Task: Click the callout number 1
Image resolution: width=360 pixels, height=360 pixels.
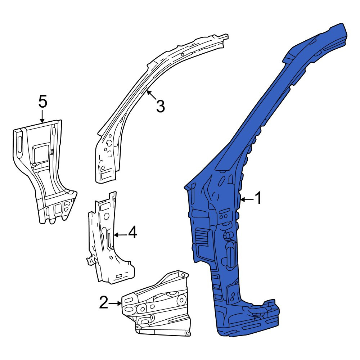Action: pyautogui.click(x=258, y=198)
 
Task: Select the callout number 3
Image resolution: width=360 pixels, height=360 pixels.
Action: pyautogui.click(x=161, y=106)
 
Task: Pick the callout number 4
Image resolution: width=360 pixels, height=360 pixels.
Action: pyautogui.click(x=132, y=232)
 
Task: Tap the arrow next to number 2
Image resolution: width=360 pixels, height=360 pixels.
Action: pyautogui.click(x=115, y=303)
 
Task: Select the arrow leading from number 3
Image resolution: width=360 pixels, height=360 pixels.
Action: pyautogui.click(x=152, y=95)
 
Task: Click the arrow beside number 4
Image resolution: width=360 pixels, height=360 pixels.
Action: pyautogui.click(x=120, y=235)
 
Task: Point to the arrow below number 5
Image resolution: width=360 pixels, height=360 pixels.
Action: pyautogui.click(x=42, y=116)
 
